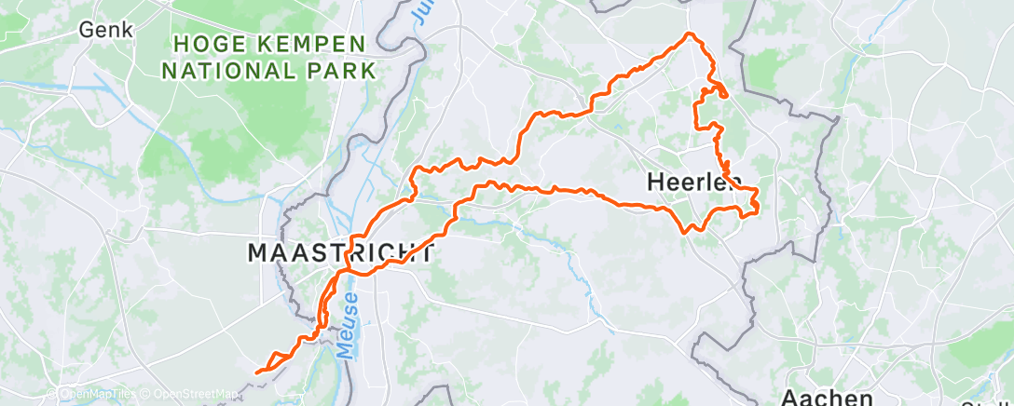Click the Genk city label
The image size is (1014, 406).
105,29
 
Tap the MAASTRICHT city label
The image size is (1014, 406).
340,252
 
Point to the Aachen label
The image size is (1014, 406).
827,396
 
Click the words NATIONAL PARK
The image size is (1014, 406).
274,70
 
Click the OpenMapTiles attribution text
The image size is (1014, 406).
91,394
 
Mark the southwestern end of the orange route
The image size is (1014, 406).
256,372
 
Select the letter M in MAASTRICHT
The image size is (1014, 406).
257,252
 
